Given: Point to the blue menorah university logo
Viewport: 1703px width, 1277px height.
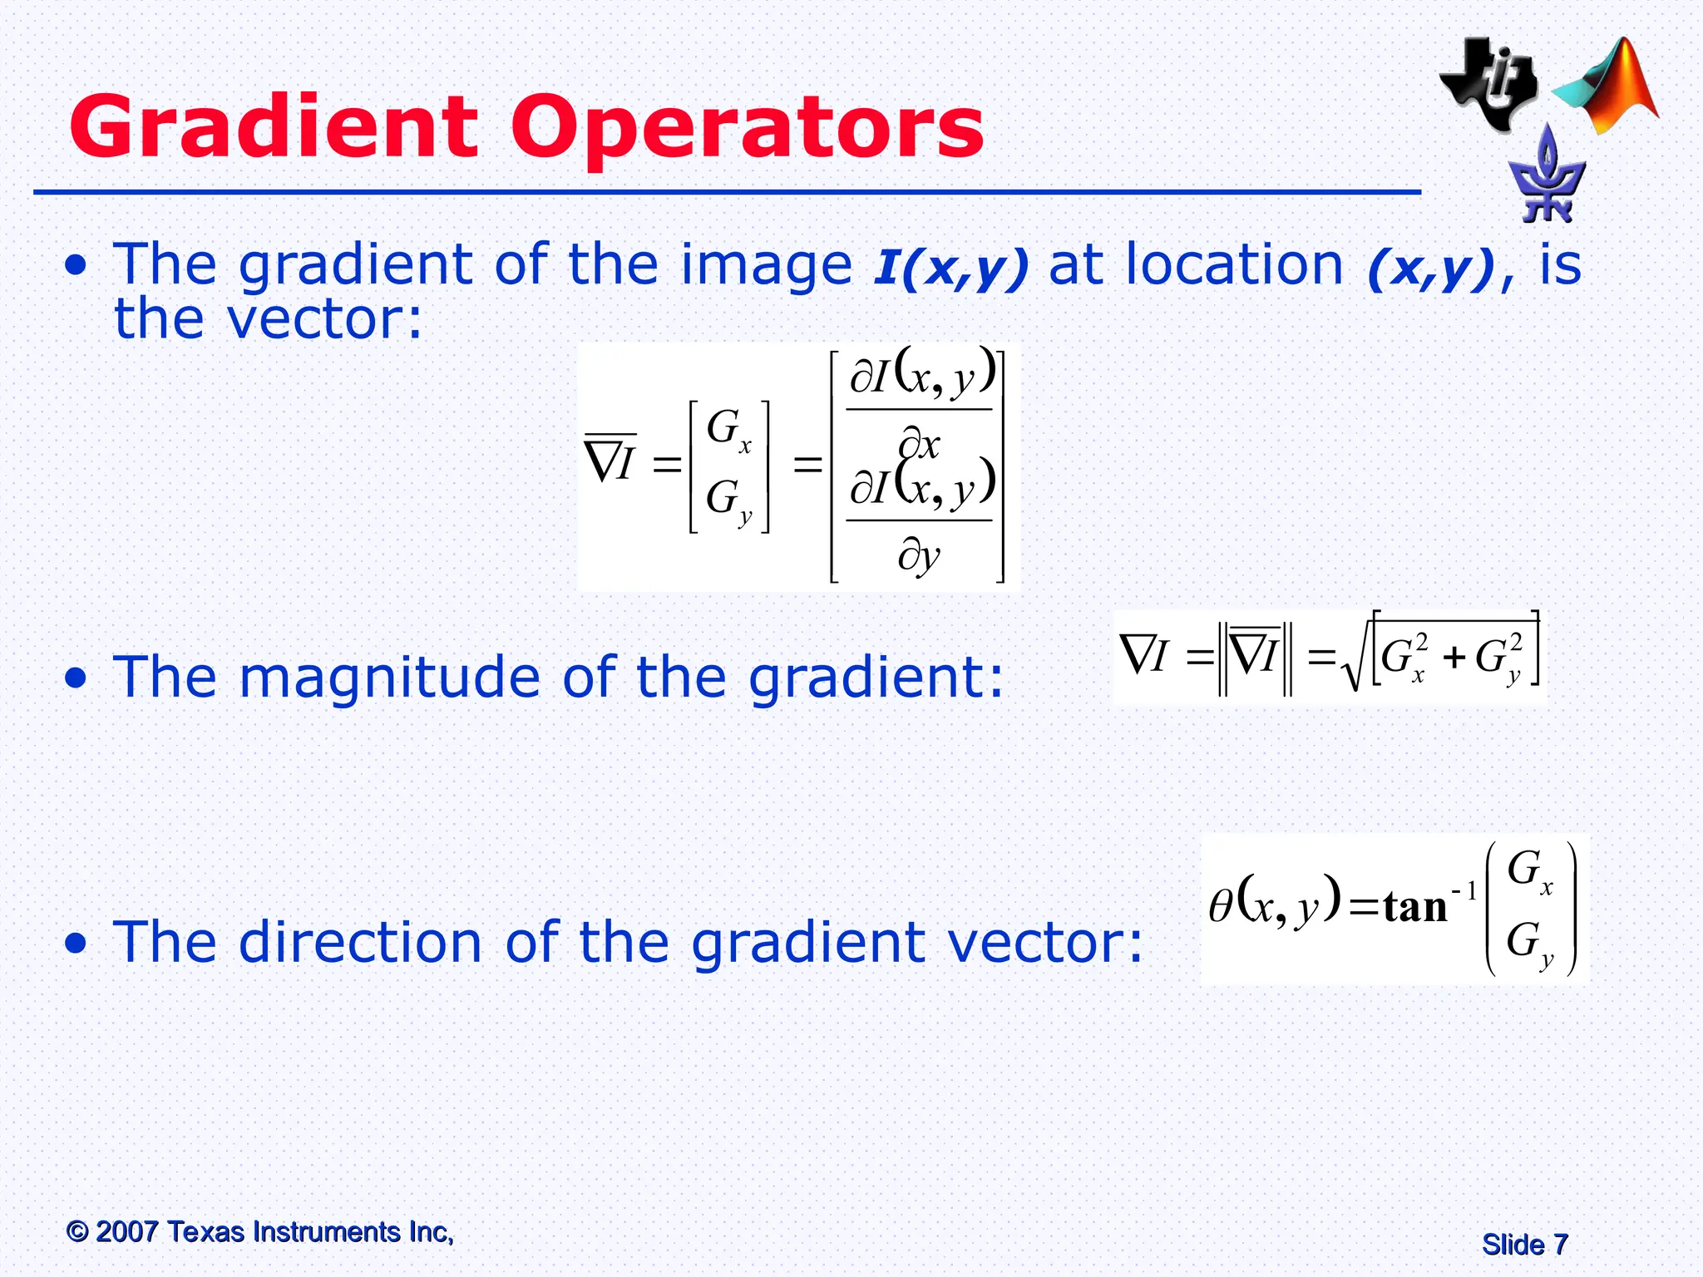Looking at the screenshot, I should (x=1547, y=177).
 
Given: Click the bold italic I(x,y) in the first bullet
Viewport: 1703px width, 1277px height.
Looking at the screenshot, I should (x=950, y=267).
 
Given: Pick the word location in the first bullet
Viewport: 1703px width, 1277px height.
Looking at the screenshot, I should (x=1236, y=265).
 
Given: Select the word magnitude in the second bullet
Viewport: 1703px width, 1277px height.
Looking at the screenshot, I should (x=390, y=677).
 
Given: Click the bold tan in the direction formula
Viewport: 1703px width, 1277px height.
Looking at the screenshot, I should (x=1415, y=906).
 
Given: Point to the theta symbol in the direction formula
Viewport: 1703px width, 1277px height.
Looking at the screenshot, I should (x=1220, y=906).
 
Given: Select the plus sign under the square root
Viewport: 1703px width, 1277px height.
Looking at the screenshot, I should (x=1454, y=658).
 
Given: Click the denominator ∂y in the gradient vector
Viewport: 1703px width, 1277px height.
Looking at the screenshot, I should (x=919, y=555).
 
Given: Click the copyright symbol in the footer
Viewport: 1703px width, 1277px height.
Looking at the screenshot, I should (x=77, y=1231).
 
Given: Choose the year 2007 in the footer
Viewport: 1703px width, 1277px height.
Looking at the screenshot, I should (x=126, y=1231).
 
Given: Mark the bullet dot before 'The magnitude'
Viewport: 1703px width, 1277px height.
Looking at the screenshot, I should (x=77, y=678).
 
